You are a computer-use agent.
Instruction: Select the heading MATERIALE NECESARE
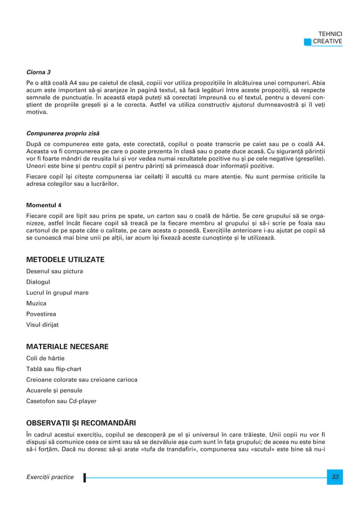[68, 346]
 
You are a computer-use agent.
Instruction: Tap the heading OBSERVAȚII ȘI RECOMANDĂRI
[81, 422]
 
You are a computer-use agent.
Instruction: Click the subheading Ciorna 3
[39, 72]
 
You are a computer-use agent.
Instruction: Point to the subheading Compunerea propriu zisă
[63, 133]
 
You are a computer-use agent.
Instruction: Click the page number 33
[335, 477]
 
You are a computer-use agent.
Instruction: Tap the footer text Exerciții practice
[50, 477]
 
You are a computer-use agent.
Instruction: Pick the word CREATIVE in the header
[328, 41]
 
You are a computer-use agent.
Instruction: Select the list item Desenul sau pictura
[55, 271]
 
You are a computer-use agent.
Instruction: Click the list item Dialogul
[38, 282]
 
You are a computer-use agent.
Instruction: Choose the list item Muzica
[36, 303]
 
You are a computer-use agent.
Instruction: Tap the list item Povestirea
[41, 314]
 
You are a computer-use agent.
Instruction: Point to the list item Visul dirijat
[43, 325]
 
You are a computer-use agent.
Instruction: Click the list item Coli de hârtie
[46, 358]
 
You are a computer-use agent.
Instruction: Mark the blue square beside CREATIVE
[307, 41]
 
